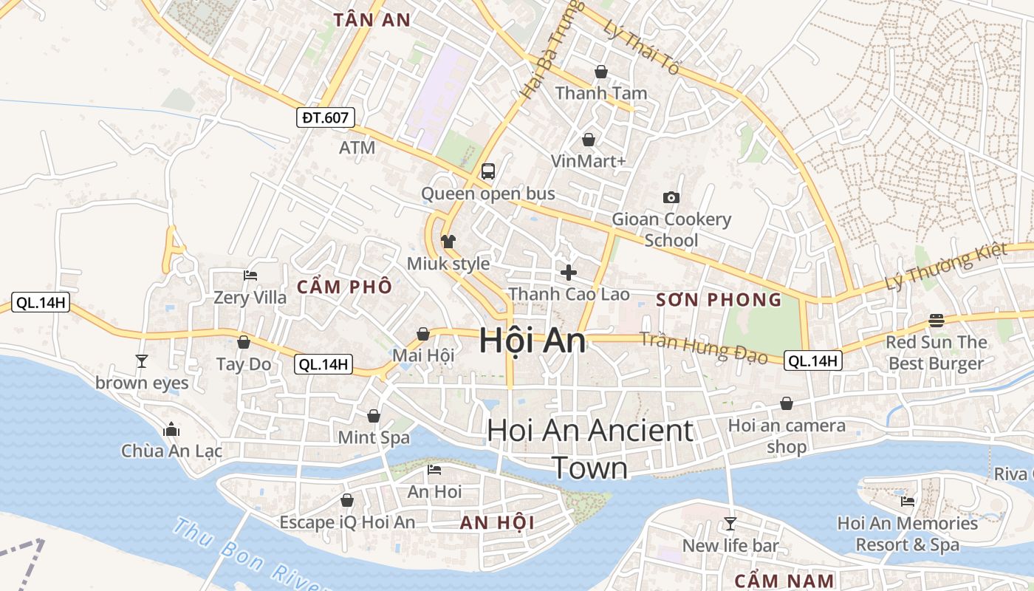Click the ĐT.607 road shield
[326, 117]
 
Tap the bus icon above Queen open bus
[487, 171]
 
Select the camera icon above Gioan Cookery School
[671, 197]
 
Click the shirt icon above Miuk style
[448, 241]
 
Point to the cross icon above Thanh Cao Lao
[568, 273]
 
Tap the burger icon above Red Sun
[936, 321]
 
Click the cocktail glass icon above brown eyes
[142, 361]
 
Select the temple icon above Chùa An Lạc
[171, 429]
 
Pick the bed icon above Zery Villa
[250, 276]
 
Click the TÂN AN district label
[371, 20]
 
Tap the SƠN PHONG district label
[719, 299]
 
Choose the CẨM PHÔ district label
[344, 287]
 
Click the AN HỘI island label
[496, 523]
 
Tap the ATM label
[357, 148]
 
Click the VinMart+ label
[588, 161]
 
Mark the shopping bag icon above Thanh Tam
[600, 72]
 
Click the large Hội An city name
[532, 341]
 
